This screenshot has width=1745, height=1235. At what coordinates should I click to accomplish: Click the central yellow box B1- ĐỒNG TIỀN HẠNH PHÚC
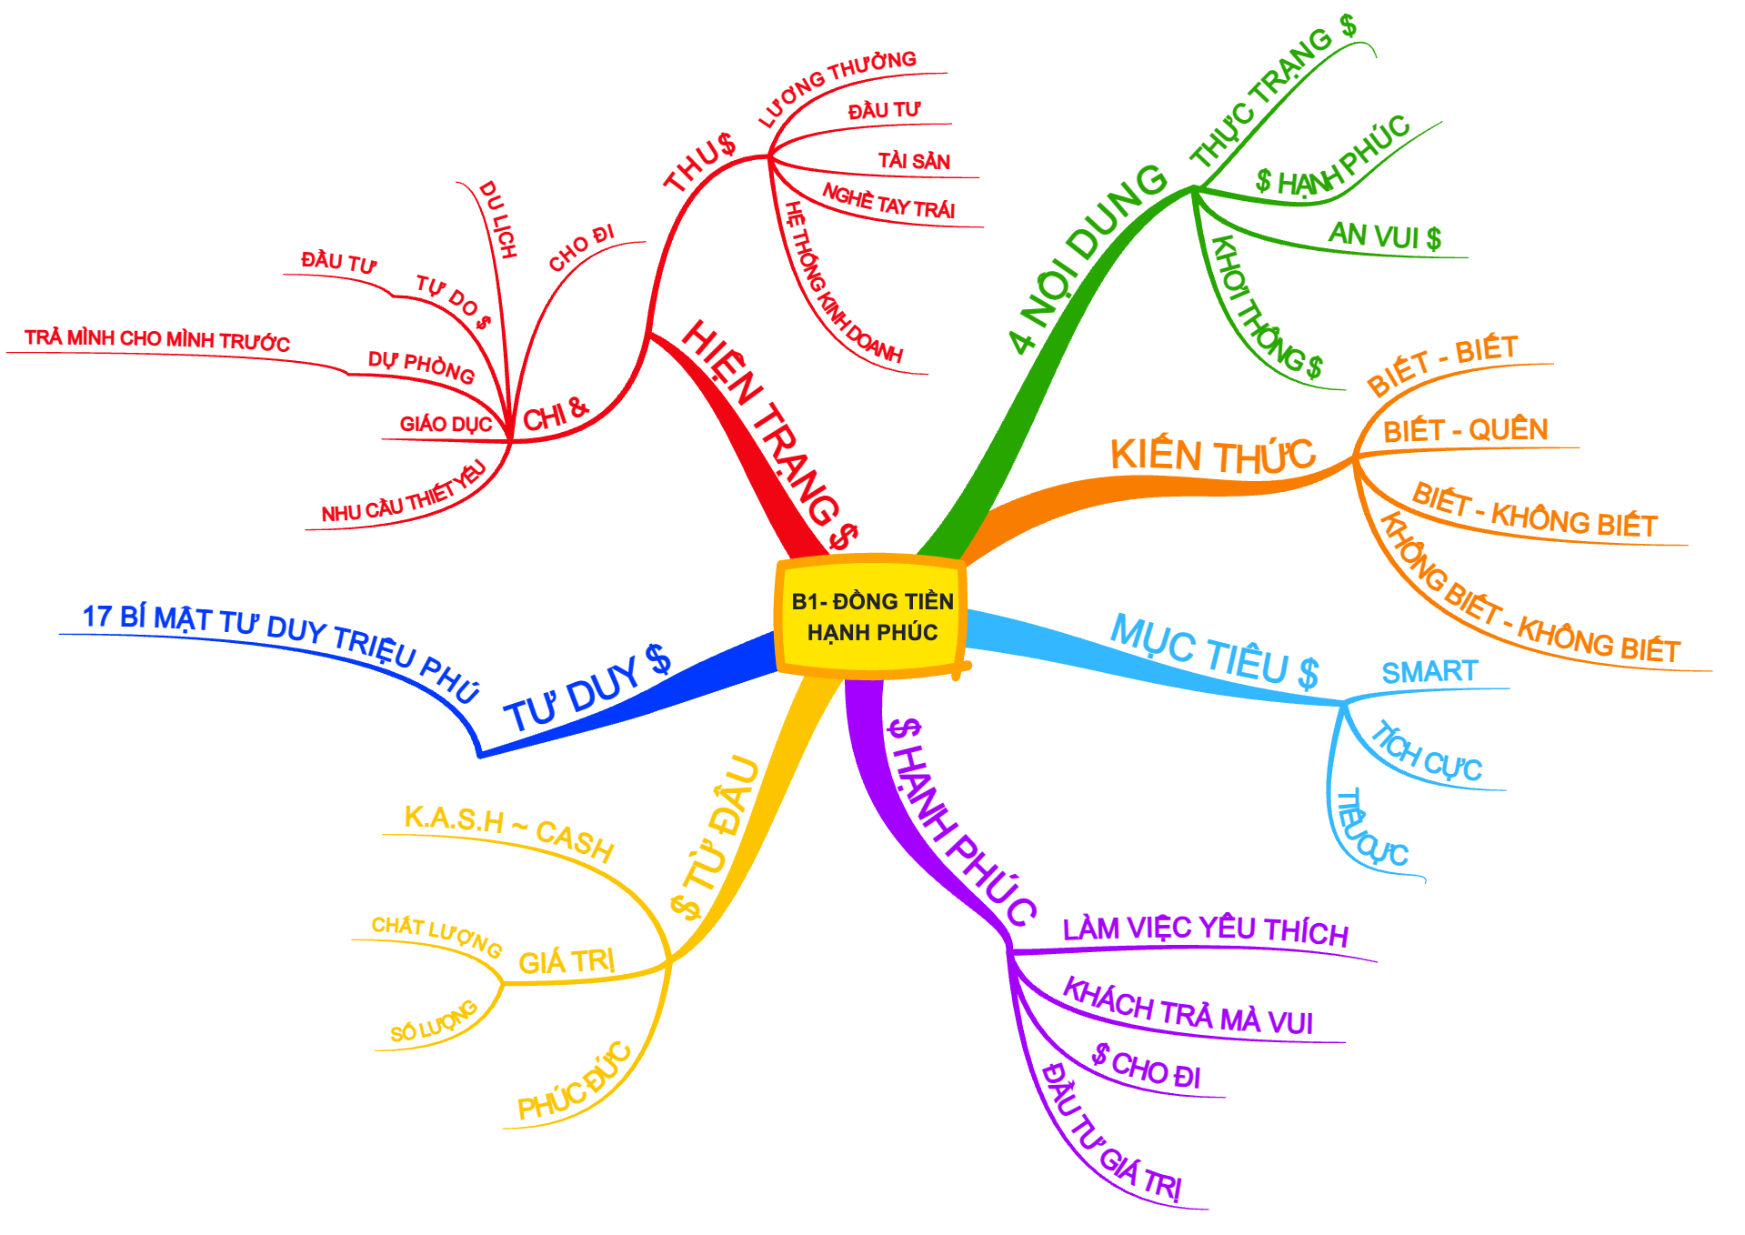(871, 617)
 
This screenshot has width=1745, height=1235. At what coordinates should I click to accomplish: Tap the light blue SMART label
(1429, 672)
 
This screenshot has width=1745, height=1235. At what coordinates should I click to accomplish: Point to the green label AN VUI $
(1384, 236)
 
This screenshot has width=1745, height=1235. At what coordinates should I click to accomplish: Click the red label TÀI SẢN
(913, 161)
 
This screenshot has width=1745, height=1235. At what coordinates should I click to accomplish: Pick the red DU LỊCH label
(497, 219)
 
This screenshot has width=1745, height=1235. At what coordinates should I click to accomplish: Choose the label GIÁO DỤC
(446, 424)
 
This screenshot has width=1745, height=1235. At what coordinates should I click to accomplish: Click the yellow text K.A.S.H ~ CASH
(508, 830)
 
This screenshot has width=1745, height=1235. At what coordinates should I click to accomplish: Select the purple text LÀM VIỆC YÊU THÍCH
(1205, 929)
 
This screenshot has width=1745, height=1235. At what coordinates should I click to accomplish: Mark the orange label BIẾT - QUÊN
(1465, 430)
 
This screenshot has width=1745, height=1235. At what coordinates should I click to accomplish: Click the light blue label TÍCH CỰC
(1425, 754)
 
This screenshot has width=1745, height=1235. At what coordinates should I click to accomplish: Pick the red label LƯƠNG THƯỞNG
(837, 87)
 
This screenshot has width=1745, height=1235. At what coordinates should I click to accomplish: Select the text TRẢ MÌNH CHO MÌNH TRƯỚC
(156, 340)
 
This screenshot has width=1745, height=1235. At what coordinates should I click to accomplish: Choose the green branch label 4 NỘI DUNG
(1087, 258)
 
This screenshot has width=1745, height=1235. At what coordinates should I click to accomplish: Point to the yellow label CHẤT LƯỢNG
(436, 936)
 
